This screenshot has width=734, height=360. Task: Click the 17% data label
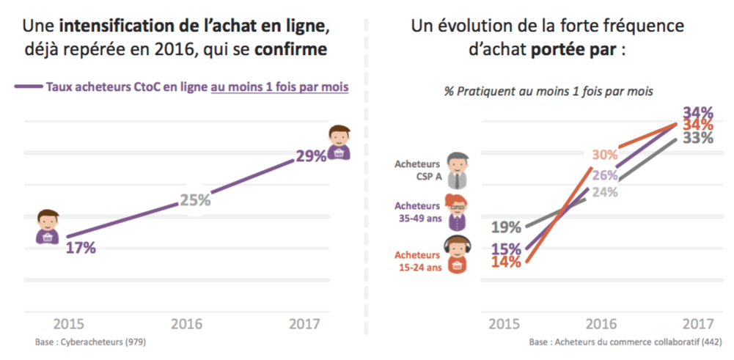[81, 247]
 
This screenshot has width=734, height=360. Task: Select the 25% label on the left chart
[196, 199]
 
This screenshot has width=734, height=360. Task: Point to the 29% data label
[311, 156]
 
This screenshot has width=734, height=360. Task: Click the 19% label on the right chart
[506, 227]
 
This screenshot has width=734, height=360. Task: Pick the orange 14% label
[506, 262]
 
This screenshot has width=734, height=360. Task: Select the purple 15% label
[506, 249]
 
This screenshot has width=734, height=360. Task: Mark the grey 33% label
[698, 138]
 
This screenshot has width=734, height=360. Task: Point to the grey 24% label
[605, 193]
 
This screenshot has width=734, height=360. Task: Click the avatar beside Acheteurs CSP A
[458, 171]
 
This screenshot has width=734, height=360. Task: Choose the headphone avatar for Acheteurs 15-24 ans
[458, 255]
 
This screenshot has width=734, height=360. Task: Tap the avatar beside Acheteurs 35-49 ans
[458, 213]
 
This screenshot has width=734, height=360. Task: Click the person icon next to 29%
[340, 142]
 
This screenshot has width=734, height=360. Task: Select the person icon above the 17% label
[48, 227]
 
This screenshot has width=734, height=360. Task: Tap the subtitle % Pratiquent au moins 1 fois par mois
[548, 92]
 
